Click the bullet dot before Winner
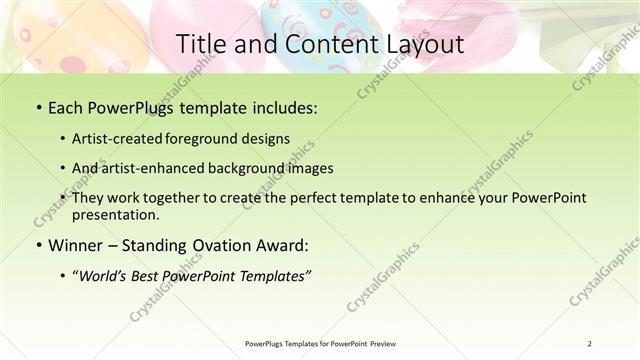click(x=37, y=244)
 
